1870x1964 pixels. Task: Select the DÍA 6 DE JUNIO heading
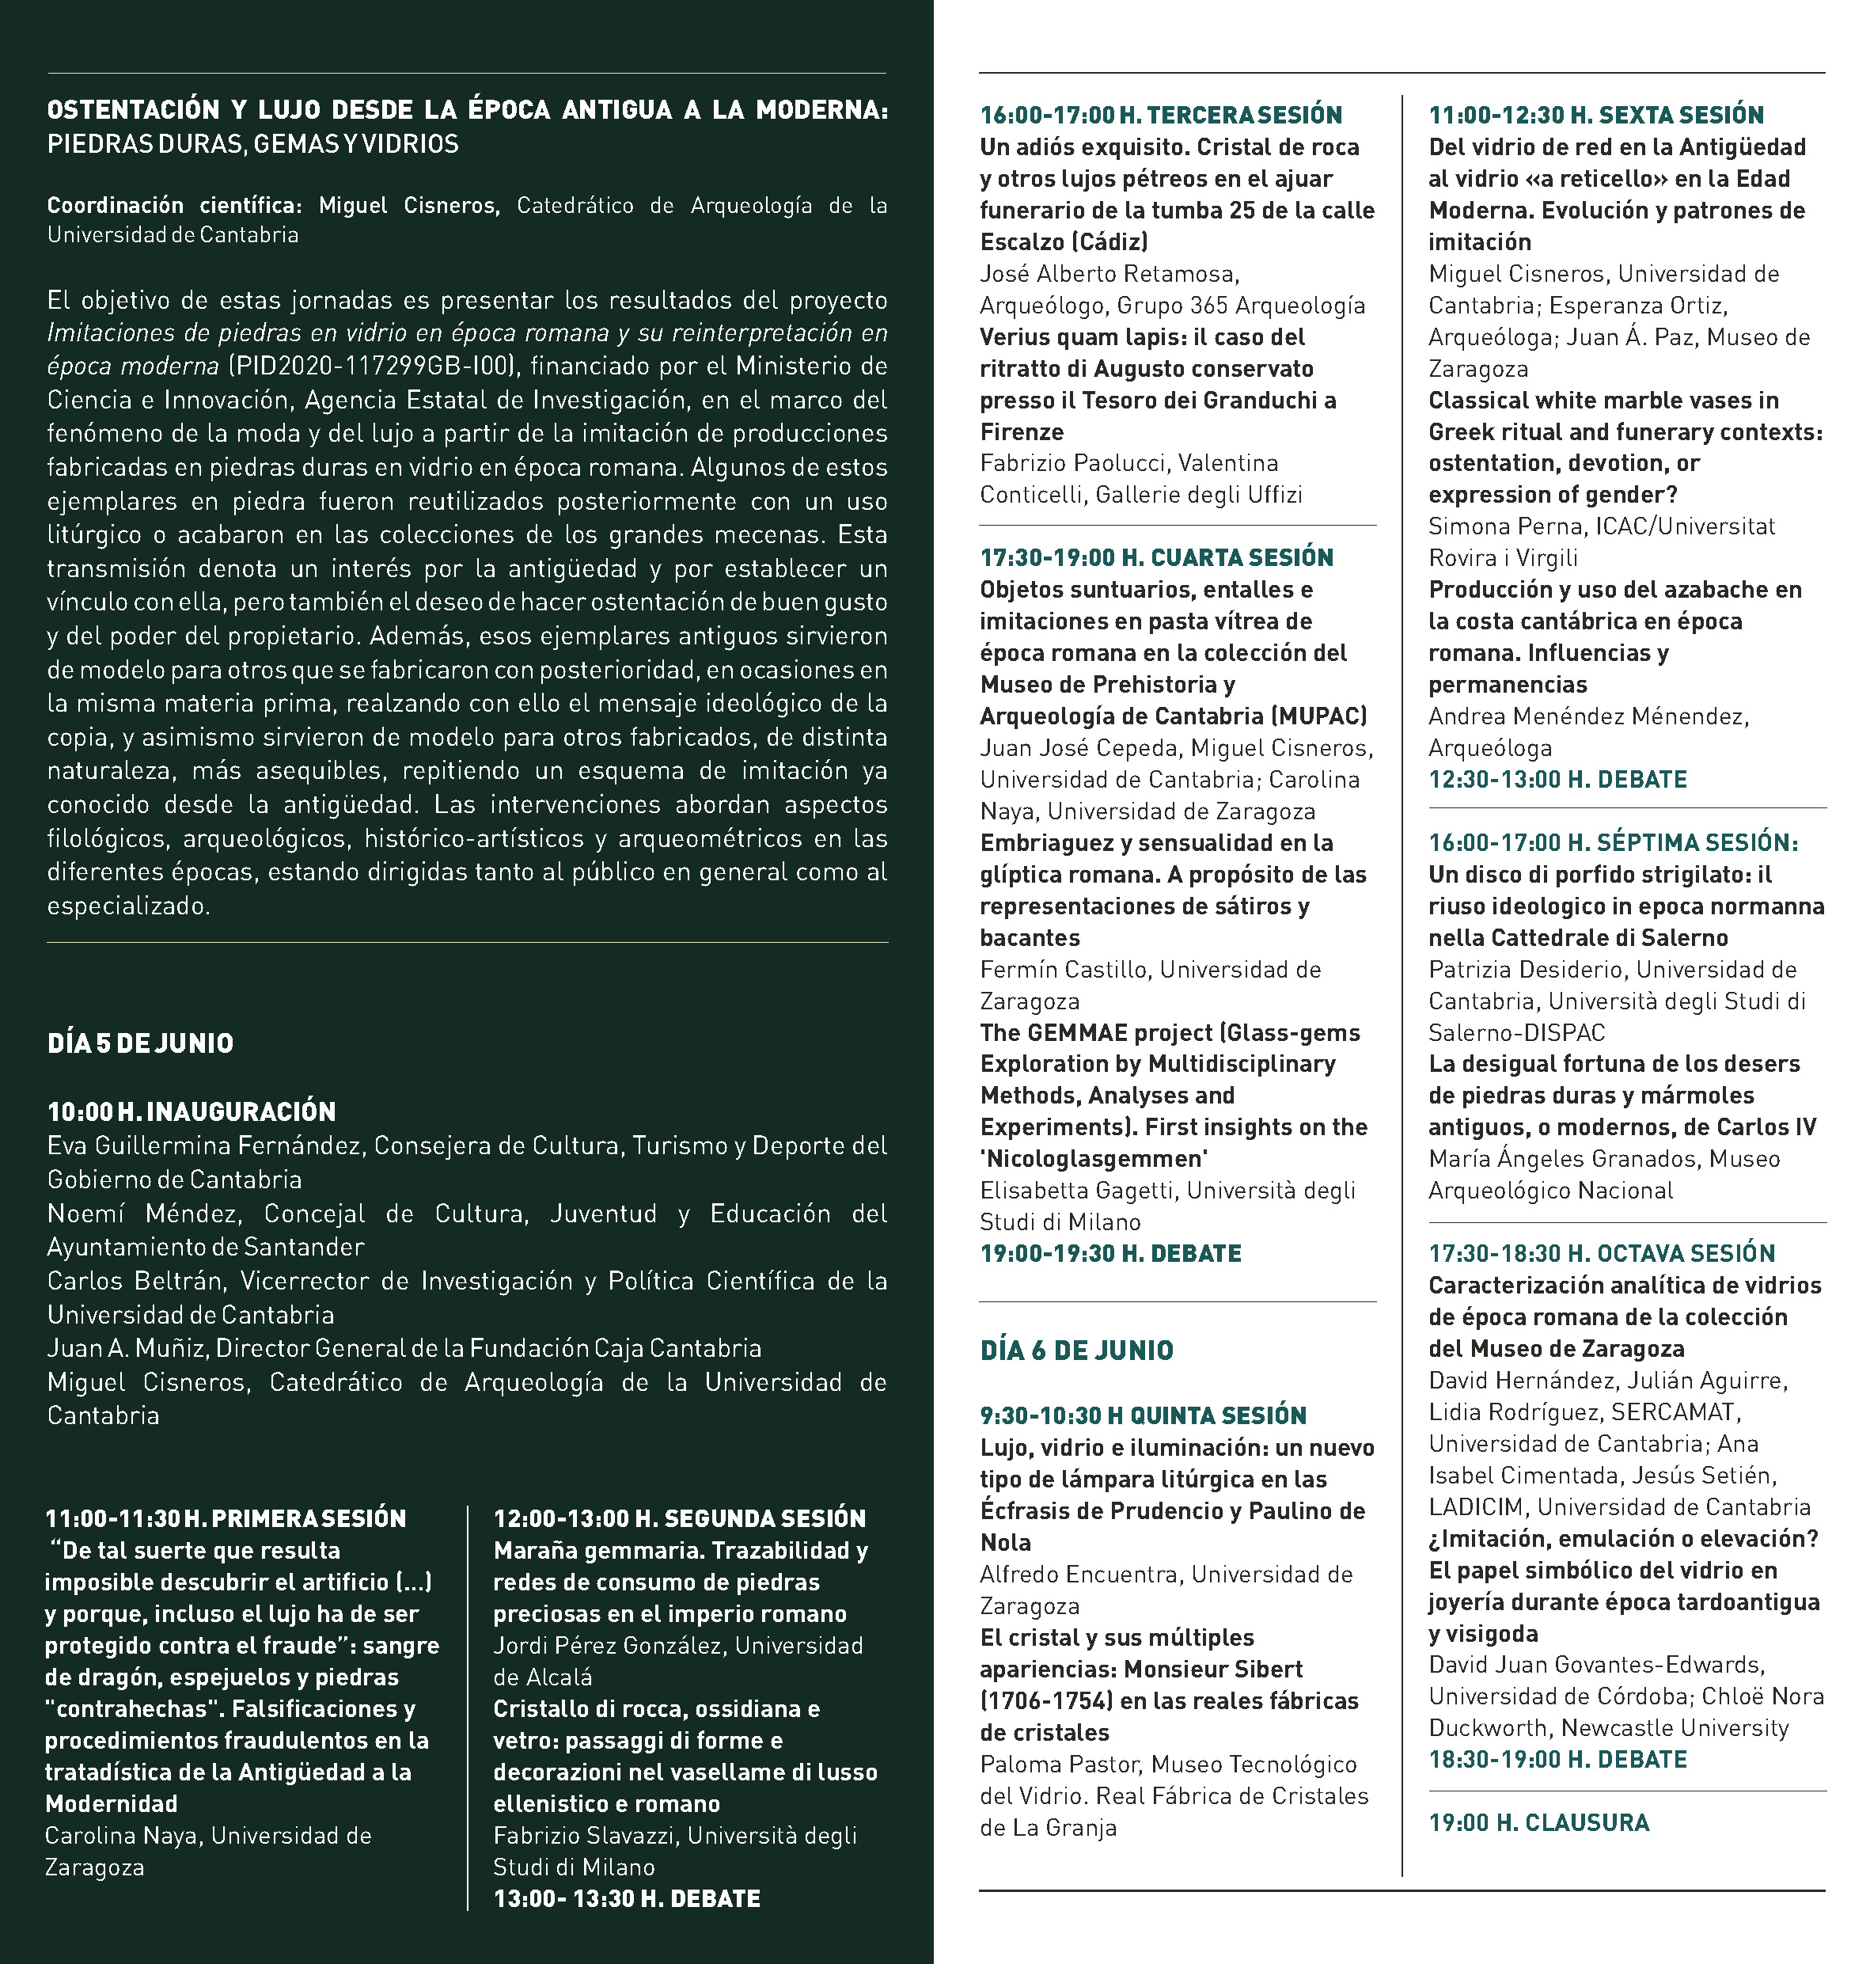[1076, 1350]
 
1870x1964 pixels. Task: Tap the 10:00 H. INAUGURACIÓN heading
[192, 1111]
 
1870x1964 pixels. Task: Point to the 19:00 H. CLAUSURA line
[1539, 1822]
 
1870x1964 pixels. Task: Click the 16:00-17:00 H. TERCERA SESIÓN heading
[1161, 115]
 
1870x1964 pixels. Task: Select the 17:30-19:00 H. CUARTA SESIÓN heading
[1156, 557]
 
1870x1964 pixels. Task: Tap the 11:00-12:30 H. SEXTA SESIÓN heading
[1596, 115]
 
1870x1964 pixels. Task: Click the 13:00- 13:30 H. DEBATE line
[627, 1898]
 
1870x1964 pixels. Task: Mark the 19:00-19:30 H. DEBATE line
[1110, 1253]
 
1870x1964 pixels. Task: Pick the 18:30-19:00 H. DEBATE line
[1557, 1759]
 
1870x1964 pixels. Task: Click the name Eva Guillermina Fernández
[204, 1145]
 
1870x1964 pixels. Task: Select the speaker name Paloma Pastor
[1059, 1765]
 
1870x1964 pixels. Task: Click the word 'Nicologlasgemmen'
[1094, 1158]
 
